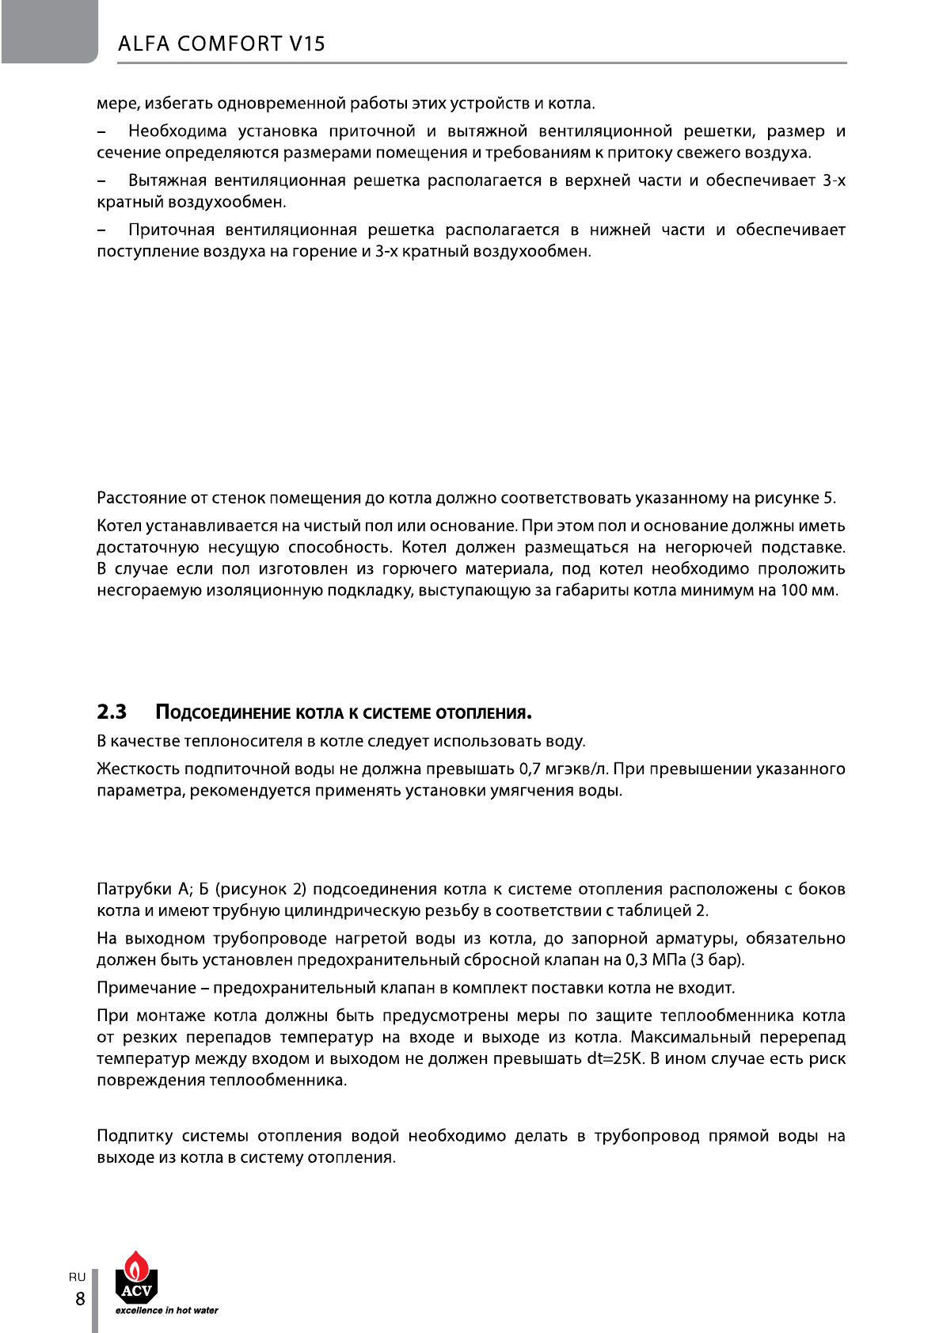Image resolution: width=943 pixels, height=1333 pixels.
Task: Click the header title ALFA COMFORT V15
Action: click(222, 44)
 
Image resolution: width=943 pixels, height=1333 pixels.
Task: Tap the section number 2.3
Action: click(112, 712)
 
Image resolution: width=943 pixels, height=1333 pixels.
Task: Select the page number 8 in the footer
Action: click(79, 1298)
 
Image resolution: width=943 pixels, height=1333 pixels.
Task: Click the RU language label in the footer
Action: click(77, 1277)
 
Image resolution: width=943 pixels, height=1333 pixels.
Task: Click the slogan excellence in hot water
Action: click(166, 1310)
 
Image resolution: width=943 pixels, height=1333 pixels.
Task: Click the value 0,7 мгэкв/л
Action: click(563, 769)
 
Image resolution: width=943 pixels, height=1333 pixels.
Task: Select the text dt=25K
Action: click(614, 1059)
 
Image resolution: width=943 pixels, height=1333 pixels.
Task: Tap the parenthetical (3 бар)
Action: click(717, 960)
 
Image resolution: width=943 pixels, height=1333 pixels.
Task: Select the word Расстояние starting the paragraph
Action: click(142, 499)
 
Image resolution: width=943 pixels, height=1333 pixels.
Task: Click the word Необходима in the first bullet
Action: click(177, 131)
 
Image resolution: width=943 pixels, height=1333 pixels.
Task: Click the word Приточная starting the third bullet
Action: click(170, 230)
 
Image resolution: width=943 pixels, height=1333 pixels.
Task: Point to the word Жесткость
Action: click(138, 769)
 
